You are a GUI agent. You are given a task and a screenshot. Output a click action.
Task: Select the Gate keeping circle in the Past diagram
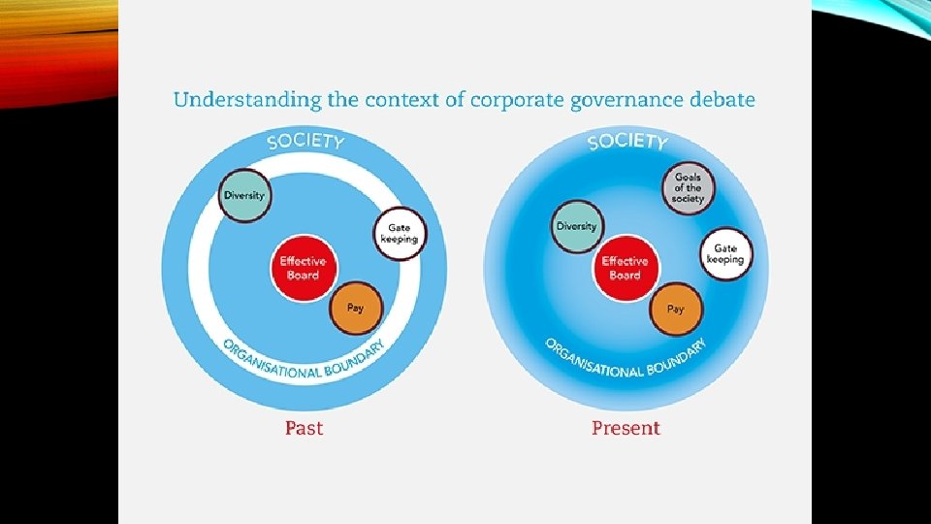pos(399,234)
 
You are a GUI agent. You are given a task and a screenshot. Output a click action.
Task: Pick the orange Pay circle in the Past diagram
pos(356,309)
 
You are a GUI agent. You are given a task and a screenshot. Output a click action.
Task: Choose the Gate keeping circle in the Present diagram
pos(725,254)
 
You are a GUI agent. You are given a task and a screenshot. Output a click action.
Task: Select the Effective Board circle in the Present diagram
pos(625,268)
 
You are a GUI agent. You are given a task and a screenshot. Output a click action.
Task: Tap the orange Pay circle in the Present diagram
pos(676,309)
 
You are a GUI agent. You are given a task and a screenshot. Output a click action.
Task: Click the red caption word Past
pos(304,428)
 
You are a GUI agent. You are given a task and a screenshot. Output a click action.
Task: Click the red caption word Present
pos(626,428)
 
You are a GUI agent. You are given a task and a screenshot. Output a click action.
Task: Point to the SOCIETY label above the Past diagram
pos(305,141)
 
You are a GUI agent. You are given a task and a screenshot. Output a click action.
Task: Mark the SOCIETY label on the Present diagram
pos(627,141)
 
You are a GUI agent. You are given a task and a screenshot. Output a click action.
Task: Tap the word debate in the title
pos(722,99)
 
